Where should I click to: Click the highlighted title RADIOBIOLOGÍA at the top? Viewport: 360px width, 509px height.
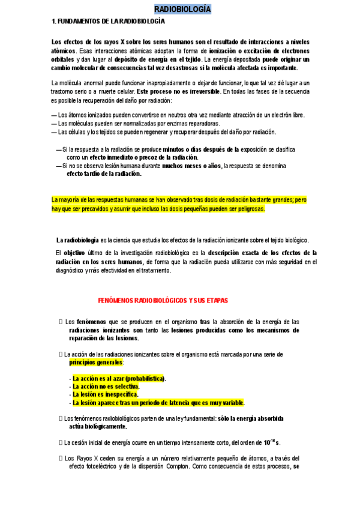pyautogui.click(x=182, y=9)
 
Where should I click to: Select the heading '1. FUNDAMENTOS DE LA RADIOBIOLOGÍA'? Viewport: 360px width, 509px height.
pyautogui.click(x=109, y=21)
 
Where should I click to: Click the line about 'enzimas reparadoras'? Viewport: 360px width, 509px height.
pyautogui.click(x=131, y=123)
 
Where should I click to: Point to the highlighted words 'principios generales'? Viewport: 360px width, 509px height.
pyautogui.click(x=96, y=363)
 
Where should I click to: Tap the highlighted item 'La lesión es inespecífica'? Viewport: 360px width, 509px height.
pyautogui.click(x=105, y=394)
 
